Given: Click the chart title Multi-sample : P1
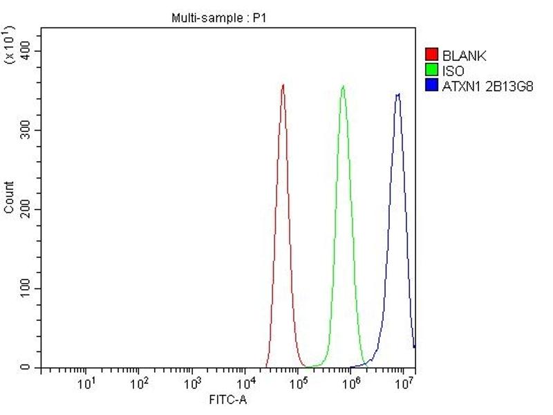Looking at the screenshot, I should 218,18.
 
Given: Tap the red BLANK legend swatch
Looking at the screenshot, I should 432,55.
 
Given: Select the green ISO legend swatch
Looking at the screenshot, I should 432,70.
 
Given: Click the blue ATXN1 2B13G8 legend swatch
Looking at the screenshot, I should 432,85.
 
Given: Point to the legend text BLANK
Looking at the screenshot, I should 465,55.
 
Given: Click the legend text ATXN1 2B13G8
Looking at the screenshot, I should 487,85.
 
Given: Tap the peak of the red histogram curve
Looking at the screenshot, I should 283,85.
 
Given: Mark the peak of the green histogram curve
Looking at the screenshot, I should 343,86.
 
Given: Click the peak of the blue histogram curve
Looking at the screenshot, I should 397,94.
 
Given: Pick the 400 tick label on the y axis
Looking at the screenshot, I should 26,51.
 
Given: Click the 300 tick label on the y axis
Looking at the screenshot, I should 26,130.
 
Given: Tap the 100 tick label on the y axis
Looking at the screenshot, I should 26,288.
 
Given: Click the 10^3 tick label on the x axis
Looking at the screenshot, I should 192,383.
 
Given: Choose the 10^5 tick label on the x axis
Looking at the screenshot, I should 298,383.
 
